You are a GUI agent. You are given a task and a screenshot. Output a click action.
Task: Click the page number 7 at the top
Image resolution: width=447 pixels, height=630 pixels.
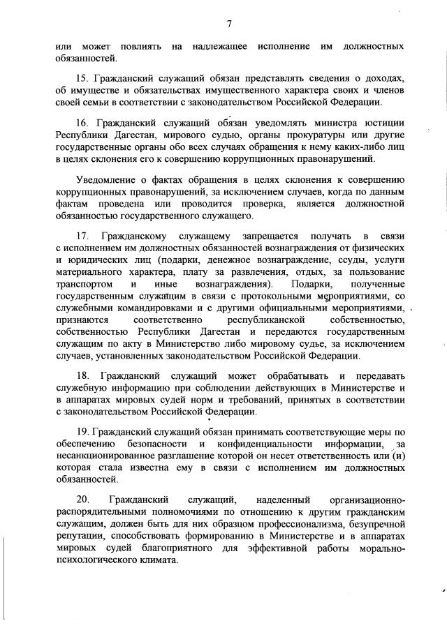pos(228,24)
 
